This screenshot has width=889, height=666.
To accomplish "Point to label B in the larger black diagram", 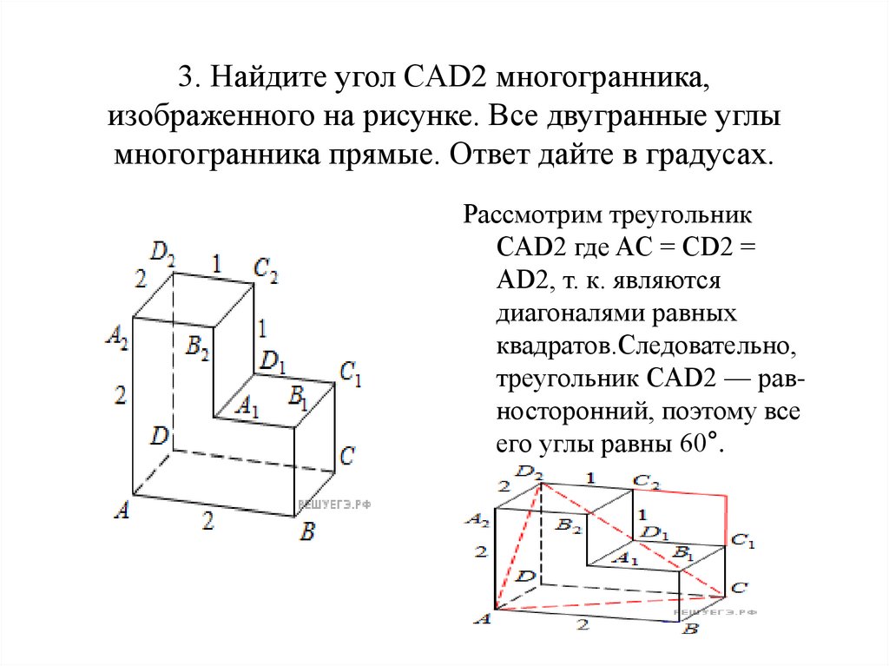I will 306,531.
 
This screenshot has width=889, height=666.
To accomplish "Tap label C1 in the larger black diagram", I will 350,376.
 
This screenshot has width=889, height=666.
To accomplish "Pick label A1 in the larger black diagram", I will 248,406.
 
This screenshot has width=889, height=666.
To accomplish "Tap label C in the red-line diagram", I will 739,588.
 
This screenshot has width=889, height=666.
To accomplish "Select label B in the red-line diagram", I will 690,629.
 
